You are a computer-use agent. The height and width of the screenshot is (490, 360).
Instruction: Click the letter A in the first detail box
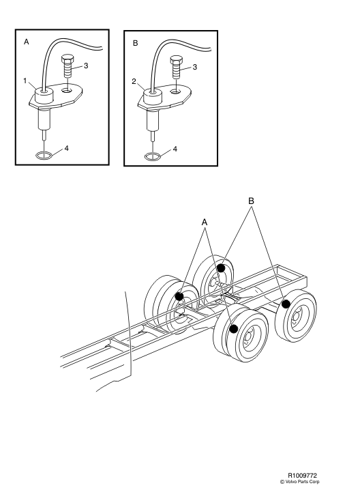tap(27, 42)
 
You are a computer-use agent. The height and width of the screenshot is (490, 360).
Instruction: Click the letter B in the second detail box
tap(135, 42)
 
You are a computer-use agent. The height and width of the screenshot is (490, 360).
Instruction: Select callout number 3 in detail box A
tap(85, 66)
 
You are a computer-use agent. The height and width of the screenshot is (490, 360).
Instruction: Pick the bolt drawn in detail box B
tap(176, 69)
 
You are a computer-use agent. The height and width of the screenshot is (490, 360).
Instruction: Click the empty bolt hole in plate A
tap(67, 89)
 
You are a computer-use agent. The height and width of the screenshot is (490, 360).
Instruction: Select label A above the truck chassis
tap(204, 222)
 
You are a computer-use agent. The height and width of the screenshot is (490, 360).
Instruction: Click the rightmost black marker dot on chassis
tap(287, 303)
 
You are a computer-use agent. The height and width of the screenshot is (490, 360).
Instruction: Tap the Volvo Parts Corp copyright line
tap(300, 480)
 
